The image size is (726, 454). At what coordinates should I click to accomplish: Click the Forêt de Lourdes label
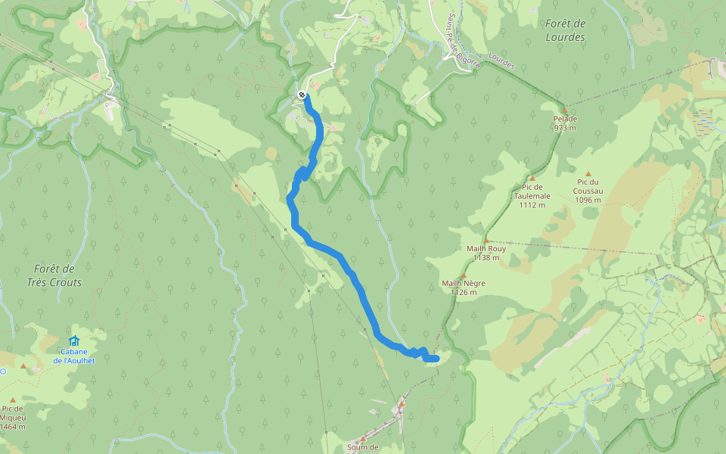point(565,30)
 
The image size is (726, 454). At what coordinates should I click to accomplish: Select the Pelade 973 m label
point(565,123)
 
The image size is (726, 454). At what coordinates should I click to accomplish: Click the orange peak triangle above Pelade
point(563,110)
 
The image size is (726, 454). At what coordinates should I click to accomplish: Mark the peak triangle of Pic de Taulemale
point(532,179)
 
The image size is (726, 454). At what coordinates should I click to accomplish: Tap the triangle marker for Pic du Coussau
point(588,173)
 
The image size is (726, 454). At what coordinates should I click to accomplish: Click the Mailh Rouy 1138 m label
point(486,253)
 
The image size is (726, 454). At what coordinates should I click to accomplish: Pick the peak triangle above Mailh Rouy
point(486,240)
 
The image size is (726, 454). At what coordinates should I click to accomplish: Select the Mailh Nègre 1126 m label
point(464,288)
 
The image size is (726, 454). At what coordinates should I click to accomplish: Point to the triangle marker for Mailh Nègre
point(464,275)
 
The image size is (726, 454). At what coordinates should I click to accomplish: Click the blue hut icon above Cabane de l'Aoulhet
point(73,341)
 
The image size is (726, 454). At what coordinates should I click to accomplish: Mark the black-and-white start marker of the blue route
point(302,95)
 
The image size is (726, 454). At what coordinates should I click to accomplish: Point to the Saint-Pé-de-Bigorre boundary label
point(457,37)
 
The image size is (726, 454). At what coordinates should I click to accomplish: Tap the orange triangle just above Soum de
point(363,438)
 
